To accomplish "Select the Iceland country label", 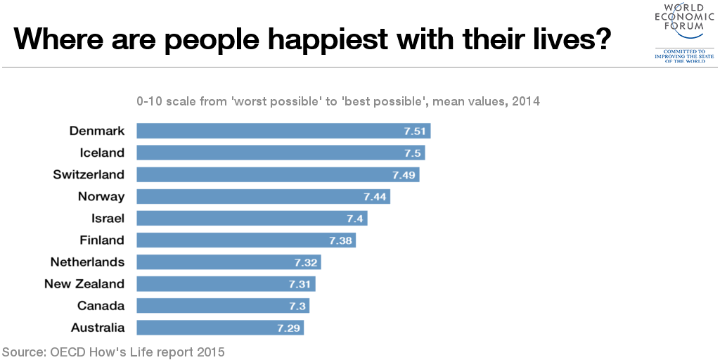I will (x=102, y=153).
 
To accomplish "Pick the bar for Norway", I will (x=263, y=196).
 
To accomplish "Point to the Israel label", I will (x=108, y=218).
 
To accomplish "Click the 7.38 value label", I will (x=340, y=240).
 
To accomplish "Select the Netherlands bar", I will (x=229, y=262).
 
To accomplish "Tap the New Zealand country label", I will (x=84, y=284).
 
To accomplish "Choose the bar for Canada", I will (x=223, y=306).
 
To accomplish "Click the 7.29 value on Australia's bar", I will (x=288, y=328).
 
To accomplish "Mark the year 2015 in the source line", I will (x=210, y=352).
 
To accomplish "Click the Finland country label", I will (x=102, y=240).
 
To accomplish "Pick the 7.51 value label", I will (x=416, y=131).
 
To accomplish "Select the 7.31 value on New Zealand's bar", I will (x=300, y=284).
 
